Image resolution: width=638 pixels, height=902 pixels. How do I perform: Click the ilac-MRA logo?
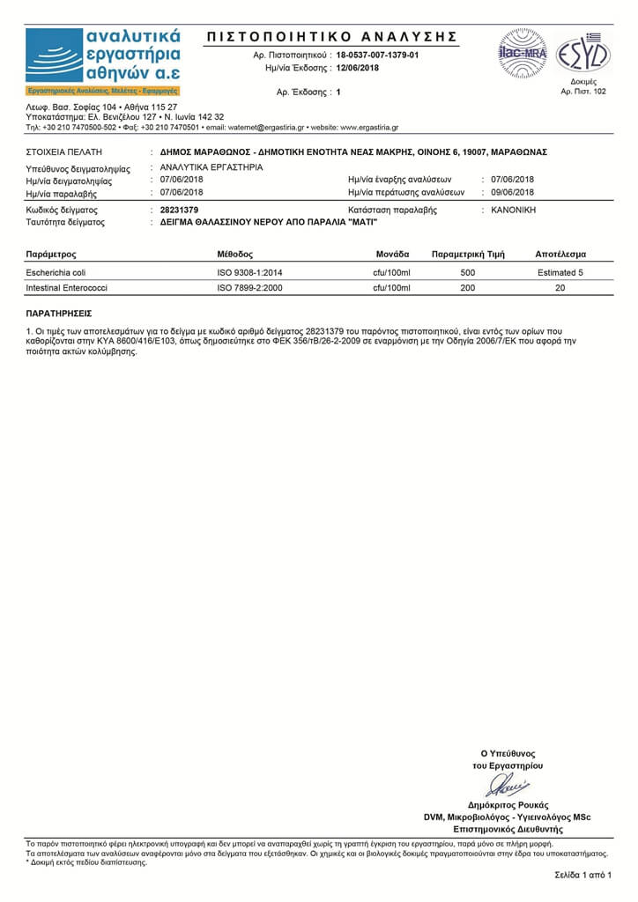[523, 54]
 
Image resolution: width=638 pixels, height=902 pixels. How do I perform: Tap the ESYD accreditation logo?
[582, 53]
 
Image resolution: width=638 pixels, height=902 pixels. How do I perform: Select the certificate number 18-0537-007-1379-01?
[377, 55]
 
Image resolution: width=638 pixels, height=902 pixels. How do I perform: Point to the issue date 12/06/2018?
[358, 68]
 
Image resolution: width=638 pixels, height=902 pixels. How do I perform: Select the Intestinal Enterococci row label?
[66, 288]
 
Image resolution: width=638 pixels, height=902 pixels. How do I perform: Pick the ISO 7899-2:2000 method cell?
[249, 288]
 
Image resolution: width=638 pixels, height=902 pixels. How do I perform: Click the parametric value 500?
[468, 273]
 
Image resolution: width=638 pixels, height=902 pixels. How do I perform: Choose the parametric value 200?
[468, 288]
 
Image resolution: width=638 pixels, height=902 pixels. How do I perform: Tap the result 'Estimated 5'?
[560, 273]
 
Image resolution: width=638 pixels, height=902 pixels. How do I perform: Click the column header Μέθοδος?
[235, 255]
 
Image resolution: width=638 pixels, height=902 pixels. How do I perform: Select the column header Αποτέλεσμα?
[560, 255]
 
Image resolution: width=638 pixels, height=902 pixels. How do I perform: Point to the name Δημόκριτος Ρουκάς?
[508, 805]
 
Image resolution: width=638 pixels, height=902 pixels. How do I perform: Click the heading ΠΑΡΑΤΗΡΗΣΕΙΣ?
[59, 313]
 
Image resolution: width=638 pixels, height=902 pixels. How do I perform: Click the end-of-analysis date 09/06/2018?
[512, 192]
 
